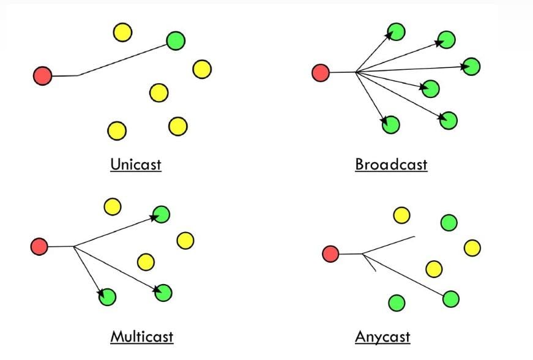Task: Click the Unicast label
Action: [x=136, y=164]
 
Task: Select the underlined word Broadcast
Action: [x=391, y=164]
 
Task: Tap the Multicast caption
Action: [x=141, y=336]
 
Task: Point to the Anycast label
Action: [x=382, y=336]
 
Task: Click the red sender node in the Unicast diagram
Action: [x=42, y=76]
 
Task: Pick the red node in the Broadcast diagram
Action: [x=321, y=73]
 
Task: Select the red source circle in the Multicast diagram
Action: [x=39, y=247]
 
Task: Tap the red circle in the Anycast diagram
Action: [x=330, y=253]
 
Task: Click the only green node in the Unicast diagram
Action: [x=176, y=40]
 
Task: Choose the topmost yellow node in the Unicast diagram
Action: [x=122, y=32]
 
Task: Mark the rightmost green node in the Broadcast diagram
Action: [x=471, y=66]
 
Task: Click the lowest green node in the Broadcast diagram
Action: [x=390, y=125]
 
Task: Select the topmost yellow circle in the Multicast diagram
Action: [x=112, y=206]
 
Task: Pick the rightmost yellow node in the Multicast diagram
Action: [x=185, y=240]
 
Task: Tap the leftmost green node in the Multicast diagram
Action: [x=107, y=297]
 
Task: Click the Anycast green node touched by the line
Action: [x=450, y=299]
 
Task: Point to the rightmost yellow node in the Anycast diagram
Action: [x=472, y=248]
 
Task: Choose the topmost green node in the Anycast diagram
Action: [x=449, y=223]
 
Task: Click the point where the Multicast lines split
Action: [x=73, y=247]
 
